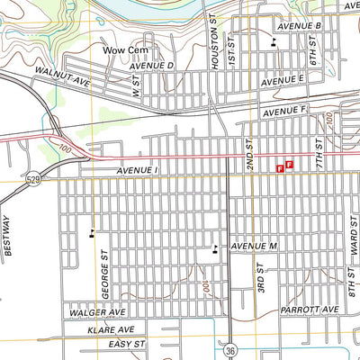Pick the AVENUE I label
[x=137, y=170]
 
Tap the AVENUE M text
[x=252, y=246]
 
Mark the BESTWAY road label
[x=8, y=236]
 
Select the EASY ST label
[x=126, y=345]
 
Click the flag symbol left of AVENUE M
[x=214, y=250]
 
